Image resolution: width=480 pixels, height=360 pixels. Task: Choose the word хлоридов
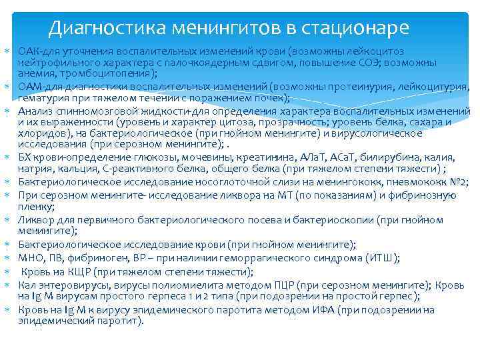click(x=39, y=133)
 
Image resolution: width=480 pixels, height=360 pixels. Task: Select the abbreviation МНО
click(x=30, y=258)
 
